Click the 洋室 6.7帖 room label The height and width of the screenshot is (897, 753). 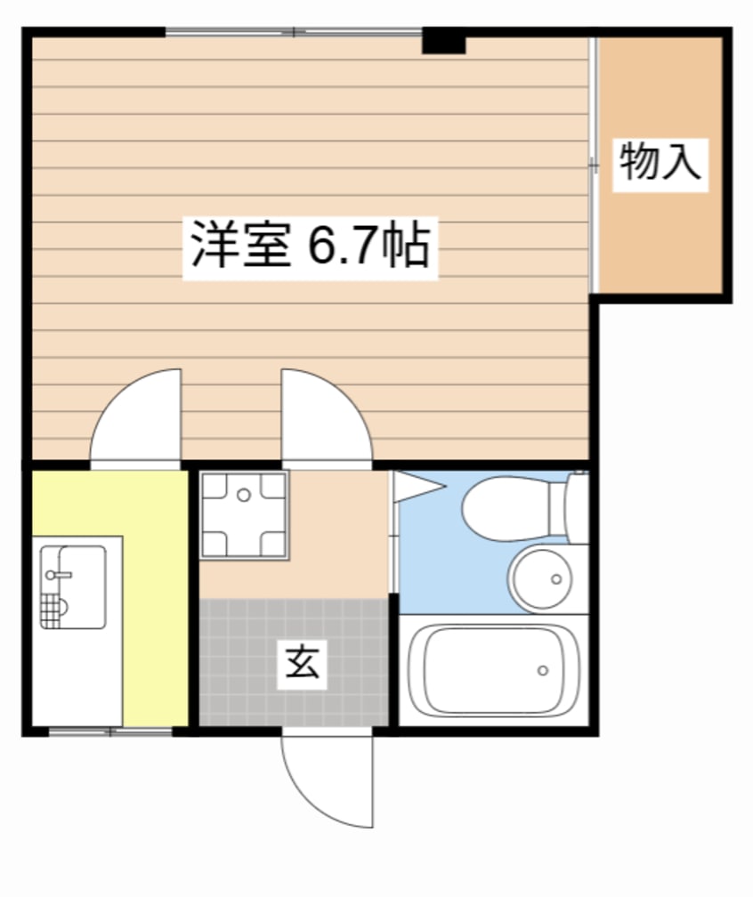pyautogui.click(x=310, y=246)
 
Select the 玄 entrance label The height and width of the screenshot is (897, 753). pyautogui.click(x=302, y=664)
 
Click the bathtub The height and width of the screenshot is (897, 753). pyautogui.click(x=492, y=669)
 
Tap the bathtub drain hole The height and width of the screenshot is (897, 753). pyautogui.click(x=541, y=670)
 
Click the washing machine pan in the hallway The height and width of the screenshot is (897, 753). pyautogui.click(x=243, y=515)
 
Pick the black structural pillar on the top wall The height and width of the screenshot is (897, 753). pyautogui.click(x=443, y=41)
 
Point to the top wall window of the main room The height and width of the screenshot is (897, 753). pyautogui.click(x=294, y=33)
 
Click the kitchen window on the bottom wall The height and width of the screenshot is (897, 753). pyautogui.click(x=110, y=731)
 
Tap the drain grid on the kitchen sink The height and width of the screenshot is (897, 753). pyautogui.click(x=53, y=611)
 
